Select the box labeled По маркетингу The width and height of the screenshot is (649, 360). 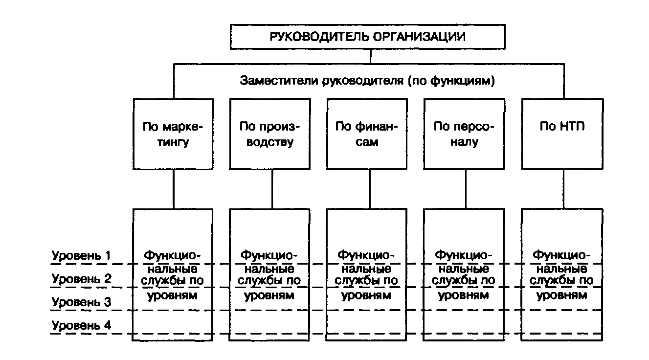(x=173, y=134)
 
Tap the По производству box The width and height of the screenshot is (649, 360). (x=269, y=134)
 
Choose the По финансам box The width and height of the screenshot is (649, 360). (x=367, y=134)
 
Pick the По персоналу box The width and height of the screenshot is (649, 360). (x=464, y=134)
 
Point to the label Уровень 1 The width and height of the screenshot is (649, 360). (x=81, y=255)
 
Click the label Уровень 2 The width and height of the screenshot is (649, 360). (x=81, y=279)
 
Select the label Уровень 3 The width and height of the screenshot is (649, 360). (x=81, y=302)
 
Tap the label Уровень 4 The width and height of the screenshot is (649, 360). (x=81, y=326)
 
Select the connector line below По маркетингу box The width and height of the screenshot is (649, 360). (x=173, y=189)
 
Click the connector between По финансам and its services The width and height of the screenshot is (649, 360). (x=367, y=189)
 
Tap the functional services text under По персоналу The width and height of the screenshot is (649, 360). (x=464, y=275)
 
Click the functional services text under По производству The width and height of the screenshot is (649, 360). (x=269, y=275)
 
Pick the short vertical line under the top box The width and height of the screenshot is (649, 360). (x=370, y=56)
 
